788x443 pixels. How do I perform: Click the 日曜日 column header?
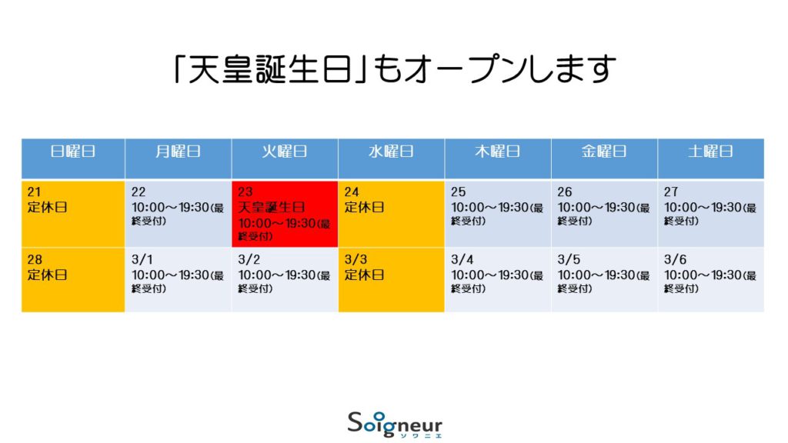(x=73, y=158)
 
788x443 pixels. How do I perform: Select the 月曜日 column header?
(x=178, y=158)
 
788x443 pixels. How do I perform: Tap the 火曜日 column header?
(x=285, y=158)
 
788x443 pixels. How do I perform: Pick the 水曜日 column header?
(x=391, y=158)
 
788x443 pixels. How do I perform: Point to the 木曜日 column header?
(x=498, y=158)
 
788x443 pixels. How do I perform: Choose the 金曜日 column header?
(x=604, y=158)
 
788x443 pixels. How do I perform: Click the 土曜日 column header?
(x=710, y=158)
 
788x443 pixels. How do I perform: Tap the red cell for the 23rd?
(x=285, y=214)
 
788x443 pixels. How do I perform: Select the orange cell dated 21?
(x=73, y=214)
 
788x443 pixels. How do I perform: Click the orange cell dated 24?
(x=391, y=214)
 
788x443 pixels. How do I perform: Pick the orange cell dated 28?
(x=73, y=280)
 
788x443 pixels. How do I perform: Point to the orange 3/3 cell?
(x=391, y=280)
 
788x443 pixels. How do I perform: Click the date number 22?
(x=139, y=192)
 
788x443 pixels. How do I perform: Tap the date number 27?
(x=671, y=192)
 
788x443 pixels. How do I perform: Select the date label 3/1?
(x=142, y=260)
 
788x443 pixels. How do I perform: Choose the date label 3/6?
(x=675, y=260)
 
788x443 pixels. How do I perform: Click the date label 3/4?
(x=462, y=260)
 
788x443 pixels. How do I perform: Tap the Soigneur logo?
(x=395, y=425)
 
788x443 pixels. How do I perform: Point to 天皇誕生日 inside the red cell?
(x=272, y=208)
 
